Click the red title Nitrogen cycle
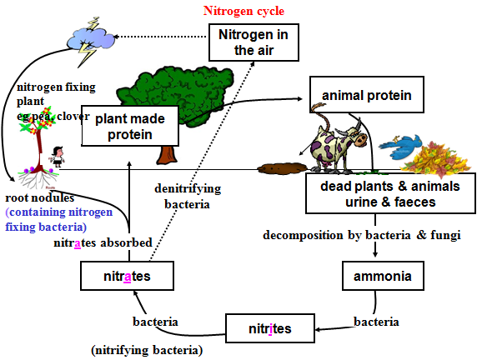tap(244, 11)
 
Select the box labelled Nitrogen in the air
tap(254, 42)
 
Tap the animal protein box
tap(367, 95)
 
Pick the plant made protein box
tap(130, 126)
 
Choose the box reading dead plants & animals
tap(390, 193)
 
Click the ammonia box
tap(383, 276)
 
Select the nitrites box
tap(270, 328)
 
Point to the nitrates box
tap(127, 276)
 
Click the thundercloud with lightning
tap(91, 41)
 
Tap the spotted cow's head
tap(357, 135)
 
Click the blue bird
tap(400, 147)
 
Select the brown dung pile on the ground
tap(282, 168)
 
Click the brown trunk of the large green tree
tap(168, 154)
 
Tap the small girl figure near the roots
tap(58, 157)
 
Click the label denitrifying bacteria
tap(188, 197)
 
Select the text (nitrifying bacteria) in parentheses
tap(147, 351)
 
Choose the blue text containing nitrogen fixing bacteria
tap(59, 219)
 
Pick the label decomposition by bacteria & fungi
tap(362, 235)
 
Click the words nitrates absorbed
tap(103, 242)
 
